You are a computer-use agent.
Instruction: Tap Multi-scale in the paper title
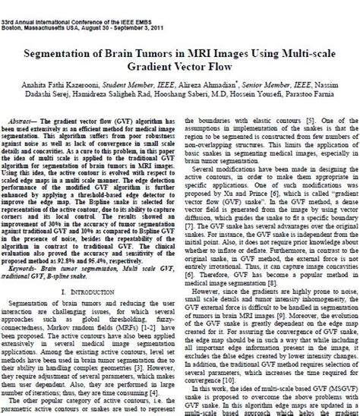[294, 55]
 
